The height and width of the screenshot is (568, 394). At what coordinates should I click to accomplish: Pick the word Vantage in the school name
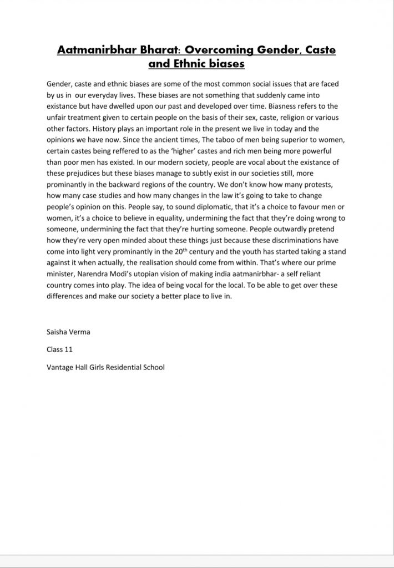point(61,367)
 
